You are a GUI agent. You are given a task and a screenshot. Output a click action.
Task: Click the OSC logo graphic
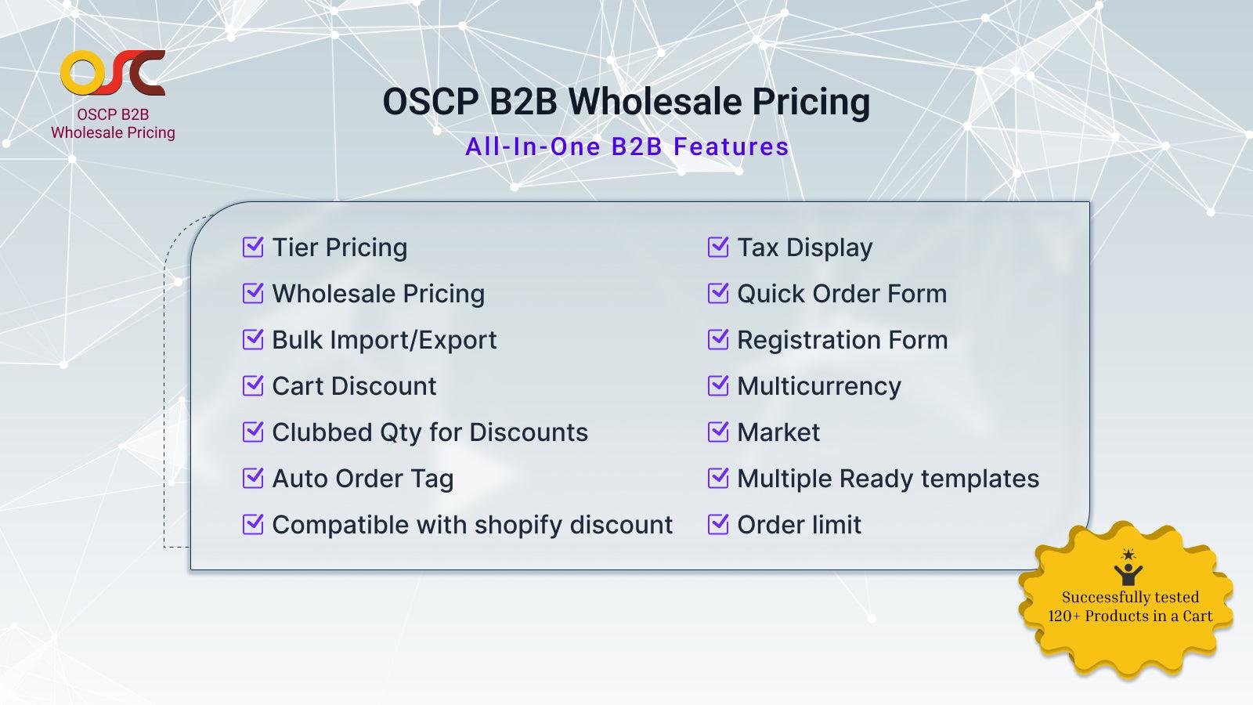coord(113,73)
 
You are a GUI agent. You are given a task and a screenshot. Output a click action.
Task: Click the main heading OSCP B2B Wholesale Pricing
coord(626,102)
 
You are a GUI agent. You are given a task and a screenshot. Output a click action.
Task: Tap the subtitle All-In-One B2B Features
coord(626,146)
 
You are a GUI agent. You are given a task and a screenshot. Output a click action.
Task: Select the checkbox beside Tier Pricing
coord(253,248)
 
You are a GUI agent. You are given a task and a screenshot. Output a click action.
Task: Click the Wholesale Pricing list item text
coord(378,294)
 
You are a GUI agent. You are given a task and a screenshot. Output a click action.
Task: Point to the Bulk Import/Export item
coord(384,340)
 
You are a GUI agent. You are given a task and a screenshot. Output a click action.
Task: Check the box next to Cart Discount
coord(253,386)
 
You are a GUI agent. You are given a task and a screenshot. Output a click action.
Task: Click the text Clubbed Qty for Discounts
coord(429,432)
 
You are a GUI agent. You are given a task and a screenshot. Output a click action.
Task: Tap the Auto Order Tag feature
coord(363,479)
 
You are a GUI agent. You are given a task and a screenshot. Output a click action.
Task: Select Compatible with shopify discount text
coord(472,525)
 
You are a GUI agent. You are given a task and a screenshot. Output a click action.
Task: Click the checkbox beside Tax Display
coord(718,248)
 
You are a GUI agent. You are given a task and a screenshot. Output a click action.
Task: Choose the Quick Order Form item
coord(842,294)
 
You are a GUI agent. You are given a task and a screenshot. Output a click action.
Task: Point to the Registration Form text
coord(842,340)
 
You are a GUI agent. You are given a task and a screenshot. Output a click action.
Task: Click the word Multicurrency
coord(818,386)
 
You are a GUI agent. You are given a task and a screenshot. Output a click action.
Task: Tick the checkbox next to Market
coord(718,432)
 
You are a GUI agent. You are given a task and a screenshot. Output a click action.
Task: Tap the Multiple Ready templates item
coord(888,479)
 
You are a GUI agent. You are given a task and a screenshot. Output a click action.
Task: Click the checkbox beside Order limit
coord(718,525)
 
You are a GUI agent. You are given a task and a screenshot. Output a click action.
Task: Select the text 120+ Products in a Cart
coord(1130,616)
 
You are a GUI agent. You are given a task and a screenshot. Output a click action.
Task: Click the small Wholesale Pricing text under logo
coord(113,133)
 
